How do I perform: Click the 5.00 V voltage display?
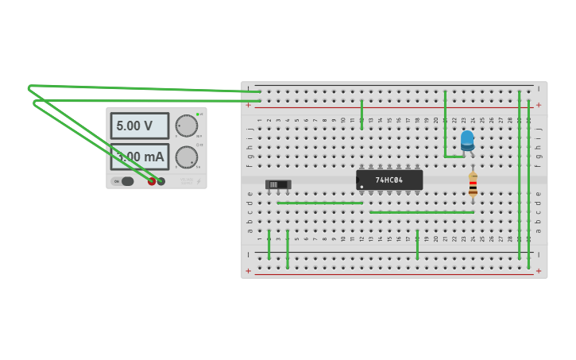(x=139, y=126)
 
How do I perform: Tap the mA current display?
(x=140, y=157)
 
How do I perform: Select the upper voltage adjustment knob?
(x=186, y=126)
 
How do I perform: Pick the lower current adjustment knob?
(x=186, y=157)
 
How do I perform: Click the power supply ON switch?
(x=126, y=181)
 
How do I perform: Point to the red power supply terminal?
(x=152, y=181)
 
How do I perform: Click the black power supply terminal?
(x=161, y=181)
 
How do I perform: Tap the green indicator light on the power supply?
(x=197, y=114)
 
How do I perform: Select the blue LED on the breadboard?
(x=467, y=140)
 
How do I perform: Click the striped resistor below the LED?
(x=473, y=185)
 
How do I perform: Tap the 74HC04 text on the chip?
(x=389, y=180)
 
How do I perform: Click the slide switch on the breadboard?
(x=278, y=184)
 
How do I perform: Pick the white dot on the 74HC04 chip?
(x=361, y=187)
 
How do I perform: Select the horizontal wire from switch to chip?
(x=319, y=203)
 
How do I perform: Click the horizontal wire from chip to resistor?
(x=421, y=212)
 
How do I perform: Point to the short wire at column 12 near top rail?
(x=361, y=114)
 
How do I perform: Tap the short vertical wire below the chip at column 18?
(x=417, y=244)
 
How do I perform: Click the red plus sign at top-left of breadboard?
(x=249, y=104)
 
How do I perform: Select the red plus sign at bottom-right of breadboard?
(x=539, y=271)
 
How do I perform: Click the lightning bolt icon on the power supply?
(x=199, y=181)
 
